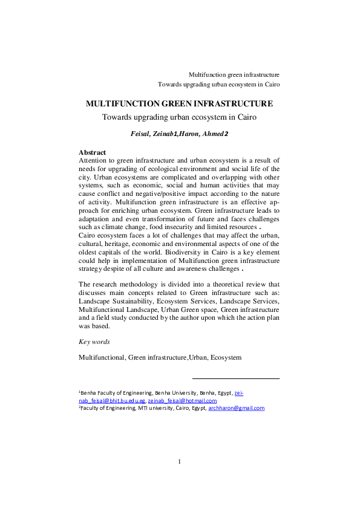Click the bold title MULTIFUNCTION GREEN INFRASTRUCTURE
coord(179,103)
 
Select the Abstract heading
coord(93,152)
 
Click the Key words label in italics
coord(94,342)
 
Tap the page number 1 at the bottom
coord(180,462)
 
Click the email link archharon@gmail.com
coord(237,408)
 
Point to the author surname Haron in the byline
coord(193,132)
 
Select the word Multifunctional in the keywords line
coord(101,357)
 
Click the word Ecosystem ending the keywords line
coord(226,357)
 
